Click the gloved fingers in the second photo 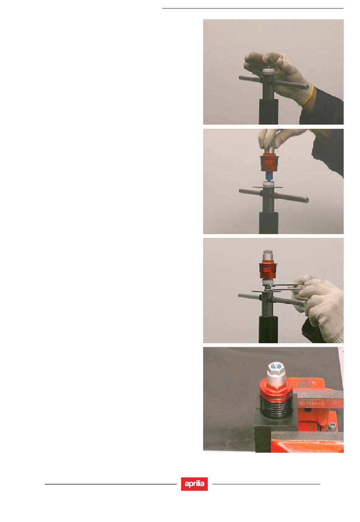point(275,140)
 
